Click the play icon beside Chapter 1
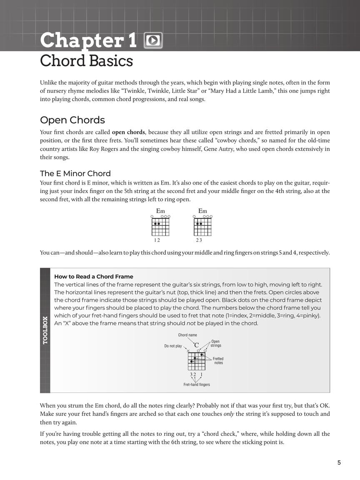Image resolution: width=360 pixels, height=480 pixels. [x=153, y=40]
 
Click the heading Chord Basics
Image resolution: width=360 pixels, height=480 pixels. [x=86, y=61]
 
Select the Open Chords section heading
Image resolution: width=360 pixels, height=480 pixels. [x=72, y=120]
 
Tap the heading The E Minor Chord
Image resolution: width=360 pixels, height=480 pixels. [x=75, y=173]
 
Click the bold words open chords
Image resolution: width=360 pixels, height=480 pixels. [x=128, y=132]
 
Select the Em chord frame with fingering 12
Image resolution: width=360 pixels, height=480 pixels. [x=160, y=227]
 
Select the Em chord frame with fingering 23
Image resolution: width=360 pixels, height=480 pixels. [x=202, y=227]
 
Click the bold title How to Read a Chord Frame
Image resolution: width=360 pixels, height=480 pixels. [x=94, y=276]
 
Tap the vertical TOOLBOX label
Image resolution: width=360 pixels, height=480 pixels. [x=45, y=330]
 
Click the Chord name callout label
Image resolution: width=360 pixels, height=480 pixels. [x=187, y=335]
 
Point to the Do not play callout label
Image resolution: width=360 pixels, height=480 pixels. [x=173, y=346]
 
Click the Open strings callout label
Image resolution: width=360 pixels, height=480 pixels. [x=216, y=343]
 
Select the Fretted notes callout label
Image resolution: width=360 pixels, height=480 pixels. [x=218, y=361]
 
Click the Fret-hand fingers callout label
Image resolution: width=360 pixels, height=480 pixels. [x=197, y=385]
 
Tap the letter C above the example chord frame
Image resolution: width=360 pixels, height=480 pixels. [x=196, y=345]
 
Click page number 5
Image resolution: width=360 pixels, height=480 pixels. [x=339, y=462]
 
